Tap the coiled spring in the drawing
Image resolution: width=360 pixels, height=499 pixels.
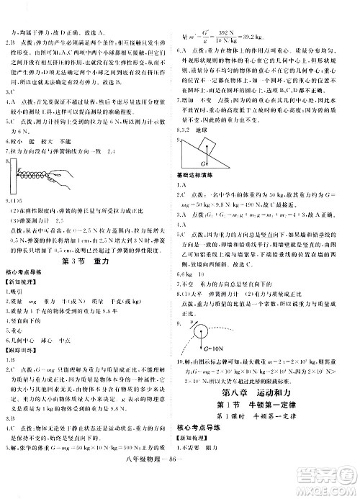(x=36, y=176)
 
